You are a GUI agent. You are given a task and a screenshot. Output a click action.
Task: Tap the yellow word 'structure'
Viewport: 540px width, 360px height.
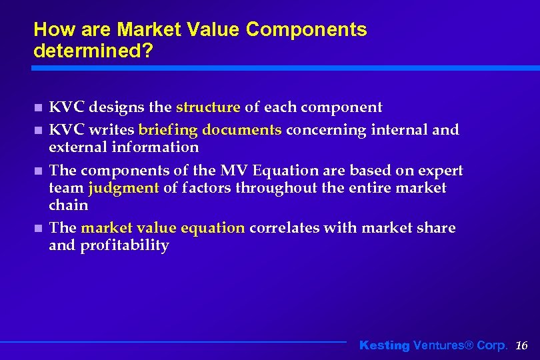click(208, 107)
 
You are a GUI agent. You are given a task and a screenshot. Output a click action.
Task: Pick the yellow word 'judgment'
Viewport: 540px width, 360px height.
click(123, 189)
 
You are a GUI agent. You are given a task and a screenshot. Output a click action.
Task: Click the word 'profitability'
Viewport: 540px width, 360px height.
click(125, 245)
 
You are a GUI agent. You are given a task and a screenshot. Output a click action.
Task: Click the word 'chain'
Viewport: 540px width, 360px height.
click(69, 205)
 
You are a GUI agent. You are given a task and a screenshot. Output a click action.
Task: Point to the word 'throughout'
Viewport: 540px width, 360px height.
click(273, 188)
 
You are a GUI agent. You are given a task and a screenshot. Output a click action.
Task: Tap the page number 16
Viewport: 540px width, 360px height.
click(522, 345)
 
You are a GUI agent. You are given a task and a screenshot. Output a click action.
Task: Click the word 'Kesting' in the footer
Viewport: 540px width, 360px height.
click(385, 345)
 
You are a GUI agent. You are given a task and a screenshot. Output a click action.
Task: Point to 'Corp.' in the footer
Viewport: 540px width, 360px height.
click(492, 345)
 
